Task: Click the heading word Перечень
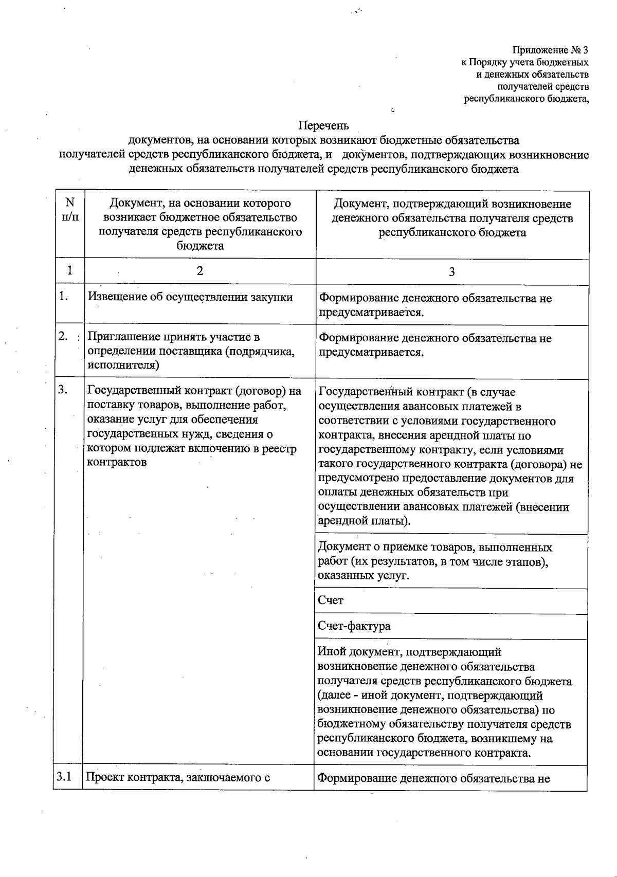323,125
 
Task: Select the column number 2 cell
199,271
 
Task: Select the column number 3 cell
451,272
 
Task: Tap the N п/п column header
70,209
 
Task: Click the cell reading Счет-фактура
354,626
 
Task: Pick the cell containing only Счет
331,600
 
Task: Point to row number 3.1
64,777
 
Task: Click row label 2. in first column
64,336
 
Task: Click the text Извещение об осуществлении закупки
190,297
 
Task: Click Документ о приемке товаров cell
434,547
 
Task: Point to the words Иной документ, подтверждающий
409,652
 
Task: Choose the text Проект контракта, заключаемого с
178,778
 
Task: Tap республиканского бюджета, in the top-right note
526,99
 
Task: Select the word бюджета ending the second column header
200,246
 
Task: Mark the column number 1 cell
69,270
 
